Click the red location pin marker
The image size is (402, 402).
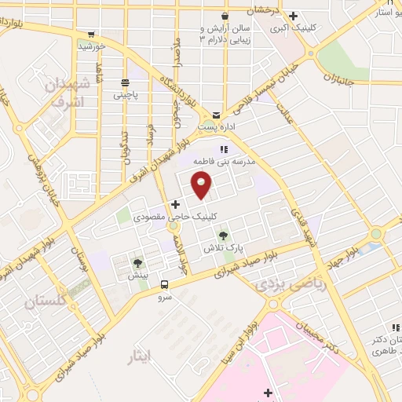point(203,185)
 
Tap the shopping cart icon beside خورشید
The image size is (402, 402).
point(92,34)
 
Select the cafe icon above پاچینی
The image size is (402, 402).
point(124,82)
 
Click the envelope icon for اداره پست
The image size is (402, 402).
point(216,115)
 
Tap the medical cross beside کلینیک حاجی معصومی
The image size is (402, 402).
point(175,204)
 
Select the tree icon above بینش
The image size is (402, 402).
point(138,263)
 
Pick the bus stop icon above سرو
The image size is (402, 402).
point(164,285)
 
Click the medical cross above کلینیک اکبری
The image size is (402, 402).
point(293,16)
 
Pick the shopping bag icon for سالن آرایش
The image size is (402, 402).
point(225,16)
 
